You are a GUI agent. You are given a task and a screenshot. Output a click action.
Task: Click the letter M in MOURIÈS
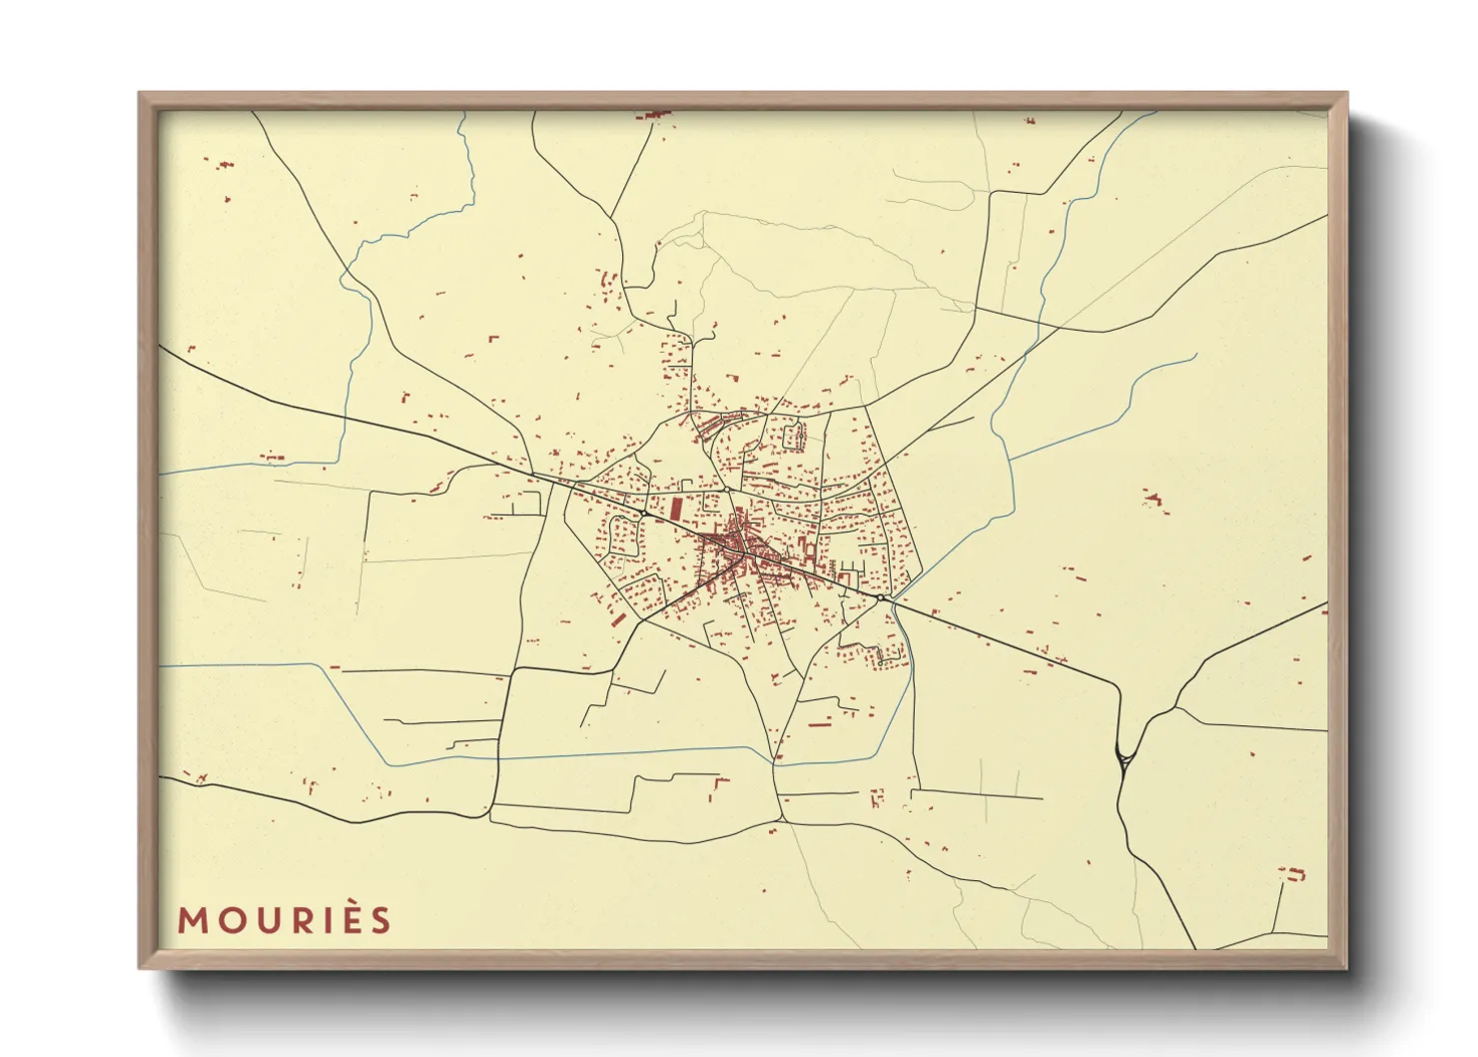point(193,920)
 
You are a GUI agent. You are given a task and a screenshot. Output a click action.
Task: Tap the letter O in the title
point(229,920)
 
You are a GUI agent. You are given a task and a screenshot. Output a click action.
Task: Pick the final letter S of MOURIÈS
point(379,920)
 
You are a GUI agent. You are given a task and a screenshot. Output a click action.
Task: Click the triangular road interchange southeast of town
point(1124,759)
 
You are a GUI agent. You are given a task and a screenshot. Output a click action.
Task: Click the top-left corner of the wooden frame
point(141,95)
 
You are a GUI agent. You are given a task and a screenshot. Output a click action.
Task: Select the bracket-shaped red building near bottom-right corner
point(1294,874)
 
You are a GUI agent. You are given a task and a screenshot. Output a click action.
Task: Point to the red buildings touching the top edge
point(655,115)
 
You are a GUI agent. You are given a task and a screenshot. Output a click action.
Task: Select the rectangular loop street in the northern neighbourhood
point(796,436)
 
